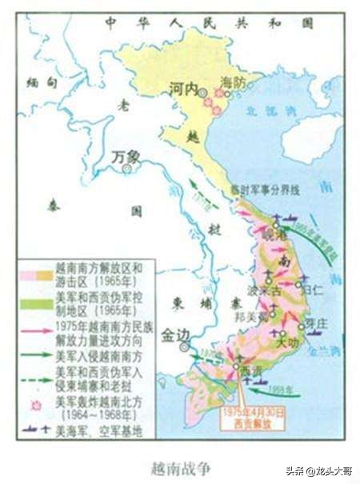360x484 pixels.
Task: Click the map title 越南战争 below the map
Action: pyautogui.click(x=181, y=464)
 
